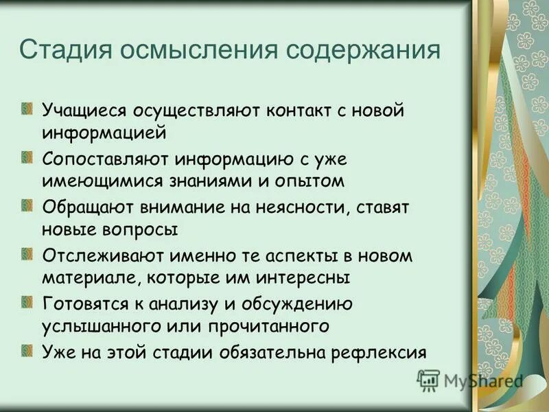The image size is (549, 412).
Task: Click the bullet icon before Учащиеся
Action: [x=27, y=108]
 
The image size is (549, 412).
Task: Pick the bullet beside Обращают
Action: [x=27, y=205]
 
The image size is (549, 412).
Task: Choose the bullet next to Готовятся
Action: [x=27, y=301]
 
